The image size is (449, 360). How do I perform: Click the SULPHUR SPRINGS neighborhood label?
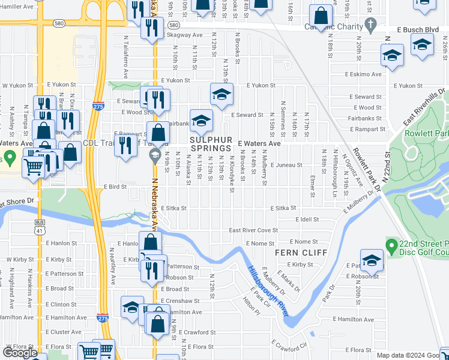(211, 143)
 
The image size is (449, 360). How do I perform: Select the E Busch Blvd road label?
(418, 29)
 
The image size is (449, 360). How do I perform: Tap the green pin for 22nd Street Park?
(391, 245)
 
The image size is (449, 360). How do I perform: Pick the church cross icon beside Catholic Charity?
(371, 26)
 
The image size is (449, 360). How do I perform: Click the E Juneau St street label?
(286, 164)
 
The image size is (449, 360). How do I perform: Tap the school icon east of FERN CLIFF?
(372, 260)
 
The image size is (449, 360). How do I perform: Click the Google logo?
(20, 353)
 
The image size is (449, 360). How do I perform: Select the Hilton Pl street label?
(251, 308)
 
